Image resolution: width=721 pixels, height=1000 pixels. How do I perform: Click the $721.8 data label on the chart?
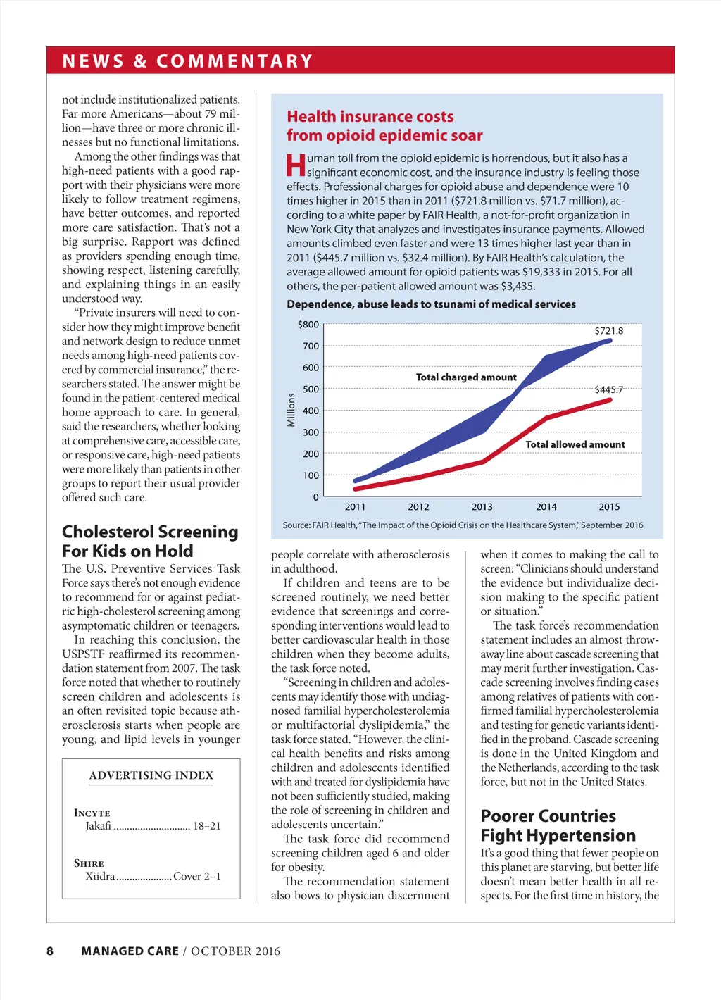[x=608, y=330]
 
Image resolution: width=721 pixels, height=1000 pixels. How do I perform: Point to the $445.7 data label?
[x=608, y=389]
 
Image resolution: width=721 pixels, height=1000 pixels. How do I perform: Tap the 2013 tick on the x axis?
[x=482, y=506]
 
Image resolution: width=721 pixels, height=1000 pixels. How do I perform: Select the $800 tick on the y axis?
[x=308, y=325]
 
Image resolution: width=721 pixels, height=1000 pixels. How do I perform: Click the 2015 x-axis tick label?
[x=609, y=506]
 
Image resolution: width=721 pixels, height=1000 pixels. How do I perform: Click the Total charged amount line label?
[x=466, y=377]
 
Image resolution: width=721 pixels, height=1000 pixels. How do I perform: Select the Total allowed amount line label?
[x=575, y=444]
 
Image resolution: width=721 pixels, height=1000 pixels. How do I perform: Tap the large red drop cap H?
[x=296, y=166]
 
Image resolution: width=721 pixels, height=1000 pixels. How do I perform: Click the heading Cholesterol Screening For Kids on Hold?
[x=150, y=541]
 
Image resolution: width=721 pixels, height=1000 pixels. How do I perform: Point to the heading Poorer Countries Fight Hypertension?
[x=558, y=825]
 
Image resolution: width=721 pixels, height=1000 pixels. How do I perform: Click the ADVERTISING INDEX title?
[x=151, y=775]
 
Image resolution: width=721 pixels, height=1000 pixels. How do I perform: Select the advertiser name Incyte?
[x=92, y=813]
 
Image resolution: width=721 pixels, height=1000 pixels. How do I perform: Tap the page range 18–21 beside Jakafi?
[x=206, y=826]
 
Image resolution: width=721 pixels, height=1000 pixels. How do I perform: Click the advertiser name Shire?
[x=89, y=863]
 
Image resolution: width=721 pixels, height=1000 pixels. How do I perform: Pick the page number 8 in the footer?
[x=50, y=951]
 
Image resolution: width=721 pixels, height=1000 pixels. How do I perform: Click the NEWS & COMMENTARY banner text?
[x=187, y=61]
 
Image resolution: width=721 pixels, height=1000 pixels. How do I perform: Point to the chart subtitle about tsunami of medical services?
[x=431, y=304]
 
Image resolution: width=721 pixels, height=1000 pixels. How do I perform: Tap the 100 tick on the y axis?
[x=311, y=475]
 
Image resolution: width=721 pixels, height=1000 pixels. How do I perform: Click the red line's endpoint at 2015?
[x=609, y=400]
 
